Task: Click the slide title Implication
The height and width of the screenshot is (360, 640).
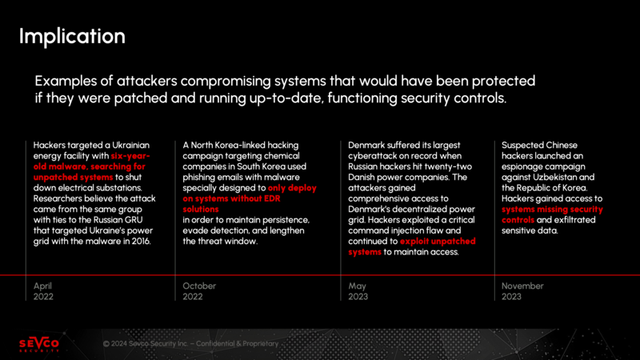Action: click(x=72, y=37)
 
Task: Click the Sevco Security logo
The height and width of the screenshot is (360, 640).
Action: click(x=39, y=344)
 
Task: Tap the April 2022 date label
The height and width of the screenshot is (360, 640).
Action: click(x=43, y=291)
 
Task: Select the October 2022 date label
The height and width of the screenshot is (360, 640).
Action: click(x=199, y=291)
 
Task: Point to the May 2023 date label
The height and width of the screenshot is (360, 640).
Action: click(x=358, y=291)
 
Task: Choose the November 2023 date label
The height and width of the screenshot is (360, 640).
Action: click(x=522, y=291)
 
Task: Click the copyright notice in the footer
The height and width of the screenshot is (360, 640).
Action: click(x=190, y=344)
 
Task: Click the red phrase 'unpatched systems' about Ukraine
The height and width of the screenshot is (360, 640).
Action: click(x=73, y=177)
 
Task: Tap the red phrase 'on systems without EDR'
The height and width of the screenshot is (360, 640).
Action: click(x=231, y=198)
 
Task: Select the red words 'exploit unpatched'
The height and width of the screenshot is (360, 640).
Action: click(x=438, y=241)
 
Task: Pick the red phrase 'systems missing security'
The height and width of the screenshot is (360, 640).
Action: click(x=552, y=209)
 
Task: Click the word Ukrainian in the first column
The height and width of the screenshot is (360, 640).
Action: click(x=130, y=145)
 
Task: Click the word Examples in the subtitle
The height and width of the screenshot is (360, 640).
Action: click(x=66, y=82)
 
